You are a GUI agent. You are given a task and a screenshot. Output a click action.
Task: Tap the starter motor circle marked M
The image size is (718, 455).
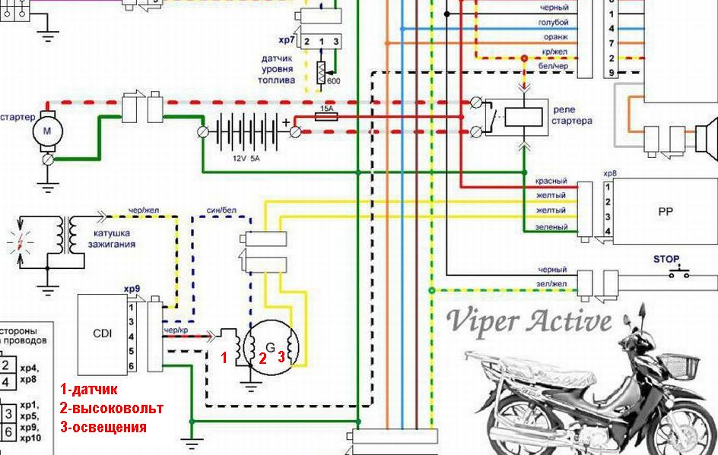46,131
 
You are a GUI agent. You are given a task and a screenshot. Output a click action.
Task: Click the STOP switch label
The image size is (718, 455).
666,259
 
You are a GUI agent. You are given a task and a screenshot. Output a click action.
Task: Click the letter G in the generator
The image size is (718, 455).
270,328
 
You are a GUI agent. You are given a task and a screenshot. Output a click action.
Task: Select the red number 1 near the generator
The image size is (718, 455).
224,358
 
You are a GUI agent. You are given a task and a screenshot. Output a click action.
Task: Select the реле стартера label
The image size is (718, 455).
572,115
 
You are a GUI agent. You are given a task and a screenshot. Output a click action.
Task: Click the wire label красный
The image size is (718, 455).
552,182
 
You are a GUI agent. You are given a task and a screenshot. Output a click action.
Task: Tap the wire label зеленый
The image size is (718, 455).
552,227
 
